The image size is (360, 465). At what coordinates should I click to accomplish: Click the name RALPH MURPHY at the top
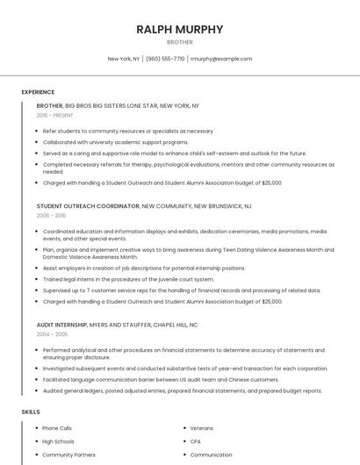(179, 29)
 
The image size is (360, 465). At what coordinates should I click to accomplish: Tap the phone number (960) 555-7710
(165, 59)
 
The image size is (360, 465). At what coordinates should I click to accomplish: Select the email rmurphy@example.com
(221, 59)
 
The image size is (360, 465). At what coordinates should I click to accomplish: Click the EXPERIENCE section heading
(38, 92)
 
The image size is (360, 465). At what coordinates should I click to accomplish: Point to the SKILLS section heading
(31, 411)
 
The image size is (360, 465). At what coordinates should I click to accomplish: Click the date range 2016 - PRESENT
(55, 115)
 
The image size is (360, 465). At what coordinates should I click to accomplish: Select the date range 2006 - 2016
(51, 215)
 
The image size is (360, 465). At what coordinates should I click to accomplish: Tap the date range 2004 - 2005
(51, 334)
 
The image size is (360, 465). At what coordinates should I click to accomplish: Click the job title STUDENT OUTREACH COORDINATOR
(88, 205)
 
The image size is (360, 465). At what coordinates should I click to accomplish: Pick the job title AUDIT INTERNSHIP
(61, 325)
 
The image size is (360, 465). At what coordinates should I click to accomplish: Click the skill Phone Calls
(58, 427)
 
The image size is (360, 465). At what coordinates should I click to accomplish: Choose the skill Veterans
(202, 427)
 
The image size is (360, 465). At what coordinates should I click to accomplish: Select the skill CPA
(196, 441)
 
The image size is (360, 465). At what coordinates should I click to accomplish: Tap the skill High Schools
(58, 441)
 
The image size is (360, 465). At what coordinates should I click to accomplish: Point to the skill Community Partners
(68, 455)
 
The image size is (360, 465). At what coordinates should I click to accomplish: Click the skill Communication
(211, 455)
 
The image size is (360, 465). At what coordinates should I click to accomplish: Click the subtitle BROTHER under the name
(179, 42)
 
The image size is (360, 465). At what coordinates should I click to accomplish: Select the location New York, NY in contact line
(124, 59)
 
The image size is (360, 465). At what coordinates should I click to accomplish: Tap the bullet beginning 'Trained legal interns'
(128, 279)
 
